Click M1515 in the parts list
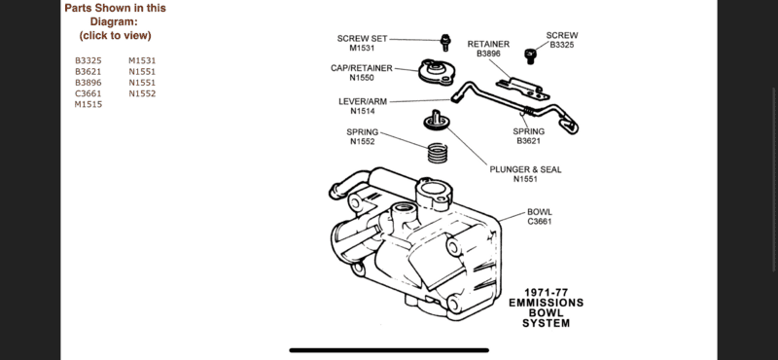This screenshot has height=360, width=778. click(88, 105)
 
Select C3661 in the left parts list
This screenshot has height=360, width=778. click(88, 94)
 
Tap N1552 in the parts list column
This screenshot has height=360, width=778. click(142, 94)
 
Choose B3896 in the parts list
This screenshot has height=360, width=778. click(88, 83)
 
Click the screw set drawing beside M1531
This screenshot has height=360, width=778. click(444, 42)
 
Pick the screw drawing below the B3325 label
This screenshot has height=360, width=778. click(530, 54)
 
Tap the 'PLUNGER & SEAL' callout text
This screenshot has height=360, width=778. click(526, 169)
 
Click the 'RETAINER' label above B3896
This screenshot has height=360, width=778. click(488, 45)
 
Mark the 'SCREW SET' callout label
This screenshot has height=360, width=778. click(362, 38)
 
